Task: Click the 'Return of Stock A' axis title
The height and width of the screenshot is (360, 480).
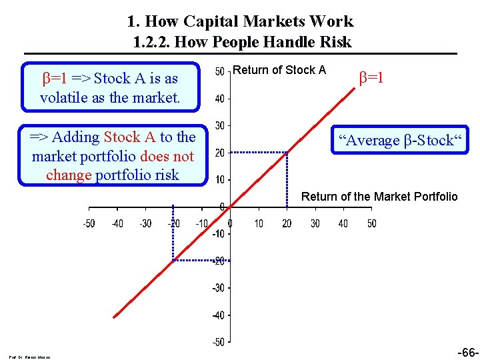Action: (x=280, y=70)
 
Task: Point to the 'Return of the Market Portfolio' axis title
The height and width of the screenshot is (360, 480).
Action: (x=379, y=197)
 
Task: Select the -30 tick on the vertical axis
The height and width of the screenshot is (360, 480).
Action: (x=218, y=288)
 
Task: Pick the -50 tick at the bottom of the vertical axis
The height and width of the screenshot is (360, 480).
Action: (x=218, y=342)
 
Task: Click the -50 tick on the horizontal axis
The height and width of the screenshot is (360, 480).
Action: (x=88, y=223)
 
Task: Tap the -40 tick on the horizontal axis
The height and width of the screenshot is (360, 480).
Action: (x=117, y=223)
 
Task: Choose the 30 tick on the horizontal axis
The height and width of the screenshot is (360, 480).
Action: (x=315, y=223)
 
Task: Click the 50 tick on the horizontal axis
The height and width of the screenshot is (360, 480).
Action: (x=371, y=223)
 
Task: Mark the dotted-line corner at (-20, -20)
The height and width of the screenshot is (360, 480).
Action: (x=173, y=260)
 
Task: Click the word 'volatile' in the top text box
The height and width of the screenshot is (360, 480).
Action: (x=62, y=97)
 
